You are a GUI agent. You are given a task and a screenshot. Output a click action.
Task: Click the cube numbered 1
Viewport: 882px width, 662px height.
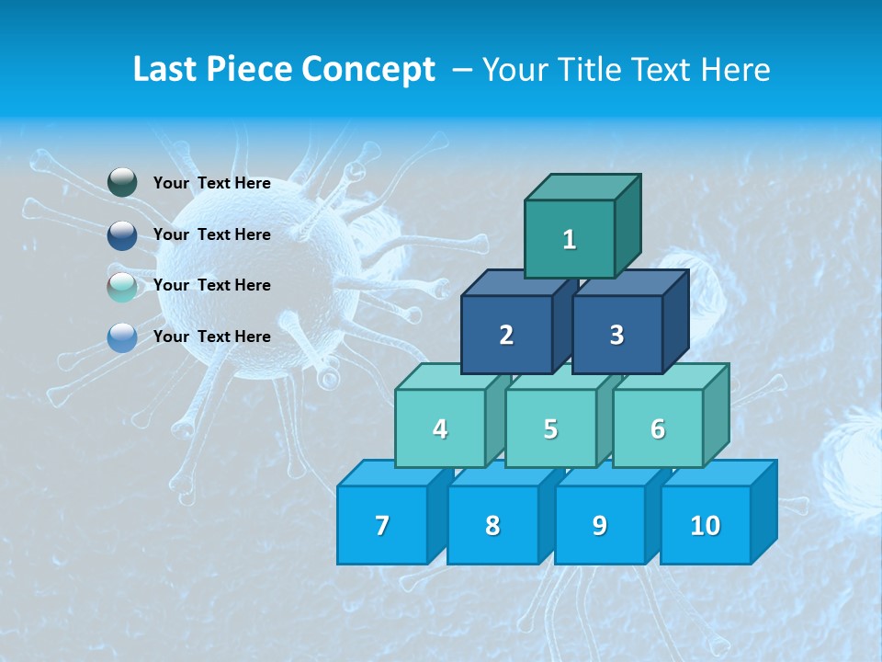570,239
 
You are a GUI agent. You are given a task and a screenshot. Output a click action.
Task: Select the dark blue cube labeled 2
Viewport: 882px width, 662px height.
506,335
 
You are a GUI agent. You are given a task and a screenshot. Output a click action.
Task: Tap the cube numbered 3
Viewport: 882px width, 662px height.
616,335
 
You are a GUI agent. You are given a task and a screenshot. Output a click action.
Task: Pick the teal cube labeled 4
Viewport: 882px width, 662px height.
440,428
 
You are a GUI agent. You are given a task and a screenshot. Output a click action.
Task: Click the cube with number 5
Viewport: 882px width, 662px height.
550,428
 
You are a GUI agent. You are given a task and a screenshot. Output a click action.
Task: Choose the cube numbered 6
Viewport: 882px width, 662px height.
658,428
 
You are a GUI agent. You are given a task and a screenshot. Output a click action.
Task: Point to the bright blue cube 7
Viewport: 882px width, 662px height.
382,525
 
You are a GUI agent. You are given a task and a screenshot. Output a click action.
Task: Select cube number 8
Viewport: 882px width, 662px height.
492,525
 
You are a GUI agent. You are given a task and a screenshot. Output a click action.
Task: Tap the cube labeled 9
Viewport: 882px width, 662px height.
599,525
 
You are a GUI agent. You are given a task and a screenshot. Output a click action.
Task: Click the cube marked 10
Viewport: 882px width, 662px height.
705,525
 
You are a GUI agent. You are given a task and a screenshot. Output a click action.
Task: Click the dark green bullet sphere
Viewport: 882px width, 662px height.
122,183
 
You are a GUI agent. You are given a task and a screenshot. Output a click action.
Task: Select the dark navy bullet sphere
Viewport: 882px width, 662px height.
122,234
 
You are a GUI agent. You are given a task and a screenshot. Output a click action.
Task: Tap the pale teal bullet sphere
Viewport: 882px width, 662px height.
122,286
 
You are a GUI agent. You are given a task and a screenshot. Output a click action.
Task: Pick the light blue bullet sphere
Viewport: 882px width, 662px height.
122,337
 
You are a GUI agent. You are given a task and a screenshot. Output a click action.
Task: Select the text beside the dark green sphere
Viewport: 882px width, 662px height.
211,183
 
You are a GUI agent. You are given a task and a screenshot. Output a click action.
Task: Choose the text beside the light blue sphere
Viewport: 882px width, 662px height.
211,337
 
